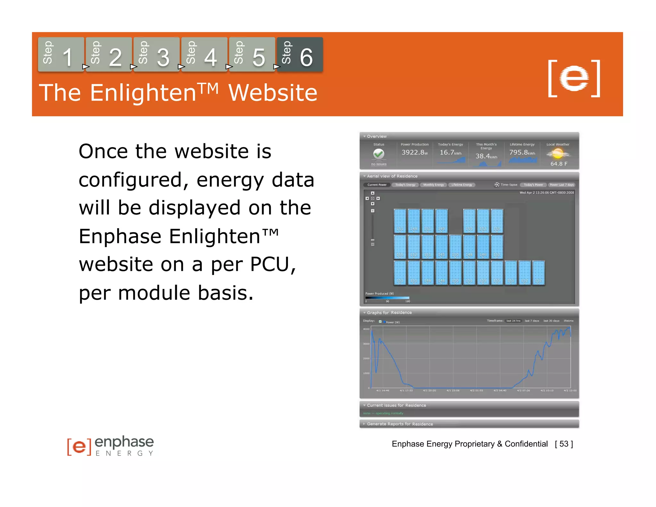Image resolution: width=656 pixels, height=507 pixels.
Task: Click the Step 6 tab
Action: (299, 54)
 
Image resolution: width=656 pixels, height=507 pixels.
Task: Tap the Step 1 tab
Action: (61, 54)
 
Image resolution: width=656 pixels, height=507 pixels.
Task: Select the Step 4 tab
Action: (204, 54)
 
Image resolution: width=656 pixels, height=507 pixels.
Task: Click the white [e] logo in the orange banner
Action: (574, 78)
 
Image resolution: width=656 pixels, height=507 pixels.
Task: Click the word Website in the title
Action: (273, 93)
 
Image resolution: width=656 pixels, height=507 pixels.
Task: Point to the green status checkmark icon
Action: (379, 154)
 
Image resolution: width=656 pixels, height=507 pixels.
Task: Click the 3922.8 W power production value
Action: (414, 153)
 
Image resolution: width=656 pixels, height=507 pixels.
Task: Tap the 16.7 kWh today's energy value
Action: (450, 153)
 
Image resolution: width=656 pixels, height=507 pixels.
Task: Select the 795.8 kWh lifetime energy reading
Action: (522, 153)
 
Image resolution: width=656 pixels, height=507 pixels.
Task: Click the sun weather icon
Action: (558, 154)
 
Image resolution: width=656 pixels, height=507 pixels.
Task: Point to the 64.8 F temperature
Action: (559, 164)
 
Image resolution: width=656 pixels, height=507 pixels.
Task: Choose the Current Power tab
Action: (377, 185)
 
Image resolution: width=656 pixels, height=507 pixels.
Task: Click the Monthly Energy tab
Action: (433, 185)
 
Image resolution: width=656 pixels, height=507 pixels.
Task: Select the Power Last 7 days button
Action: (562, 185)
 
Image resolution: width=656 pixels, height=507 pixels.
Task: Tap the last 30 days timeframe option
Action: (551, 321)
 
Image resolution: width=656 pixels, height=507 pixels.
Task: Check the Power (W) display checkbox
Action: (380, 322)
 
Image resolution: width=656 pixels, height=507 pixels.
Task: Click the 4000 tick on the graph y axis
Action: (366, 329)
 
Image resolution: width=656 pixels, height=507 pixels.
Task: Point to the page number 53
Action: (564, 444)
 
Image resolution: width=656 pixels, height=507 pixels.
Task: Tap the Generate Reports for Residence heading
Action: (400, 424)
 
